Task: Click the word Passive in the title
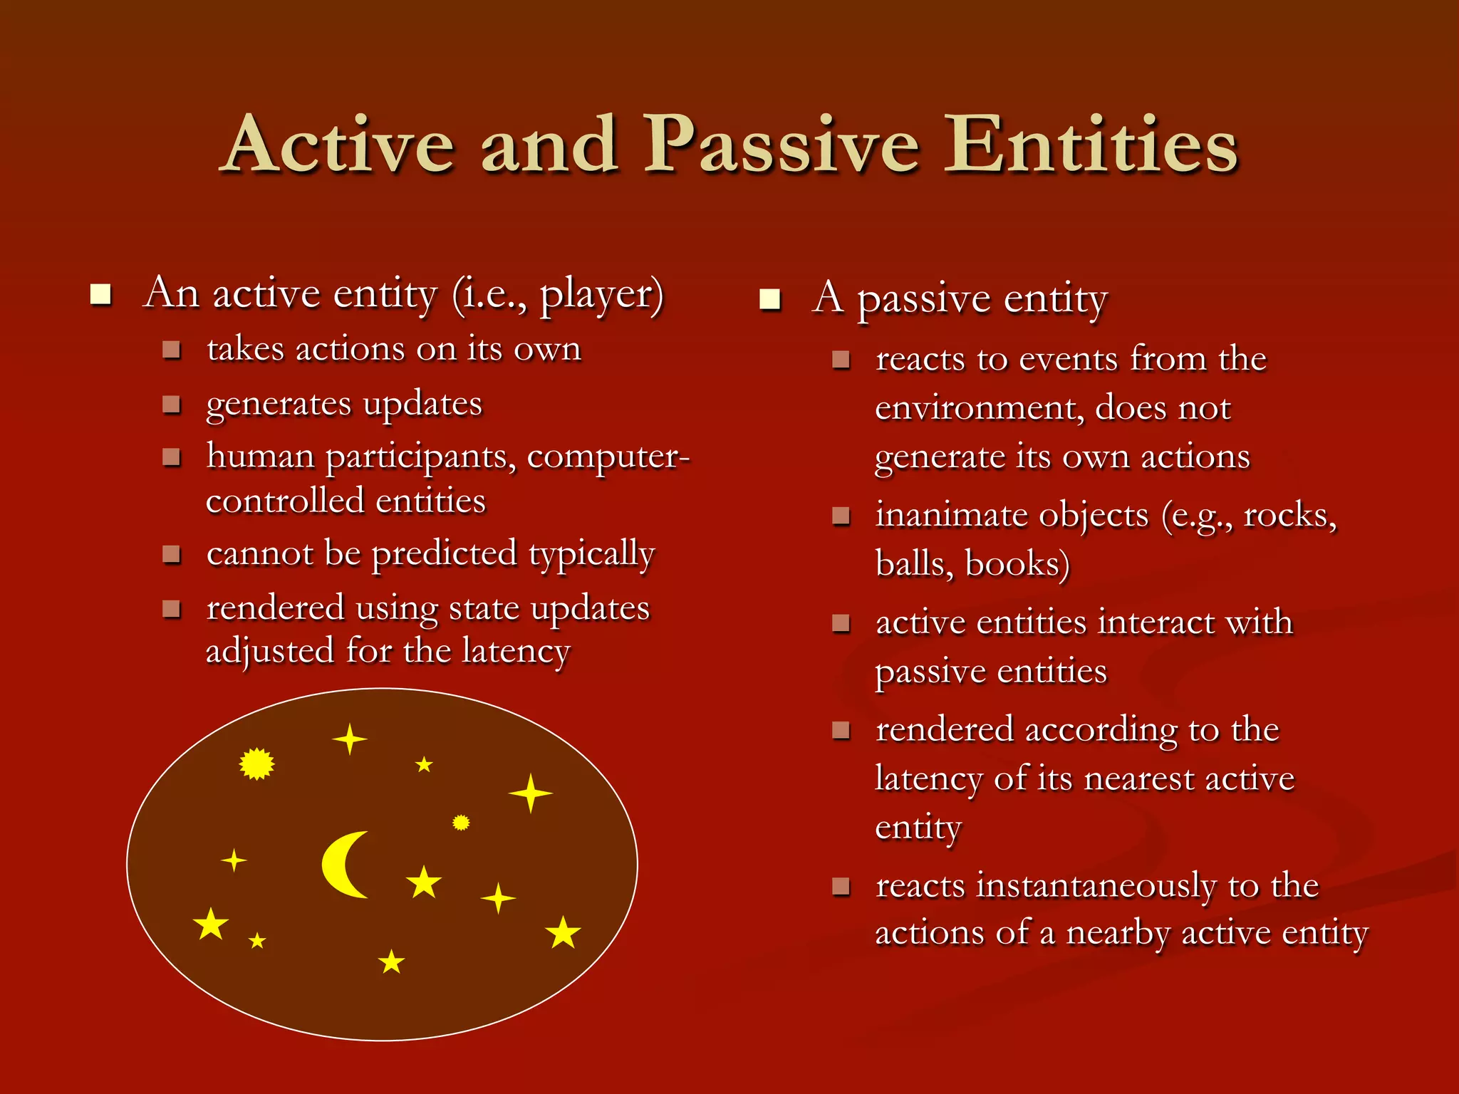[x=781, y=146]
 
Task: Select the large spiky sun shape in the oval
[x=256, y=764]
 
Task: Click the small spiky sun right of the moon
[x=461, y=823]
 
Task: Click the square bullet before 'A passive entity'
[x=770, y=299]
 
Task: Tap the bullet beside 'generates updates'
[x=171, y=405]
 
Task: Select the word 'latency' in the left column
[x=516, y=651]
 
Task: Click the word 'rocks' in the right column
[x=1286, y=516]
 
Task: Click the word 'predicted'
[x=444, y=554]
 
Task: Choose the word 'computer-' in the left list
[x=608, y=457]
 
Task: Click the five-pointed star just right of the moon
[x=424, y=882]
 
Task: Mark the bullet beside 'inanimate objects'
[x=841, y=515]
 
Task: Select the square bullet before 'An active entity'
[x=101, y=294]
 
